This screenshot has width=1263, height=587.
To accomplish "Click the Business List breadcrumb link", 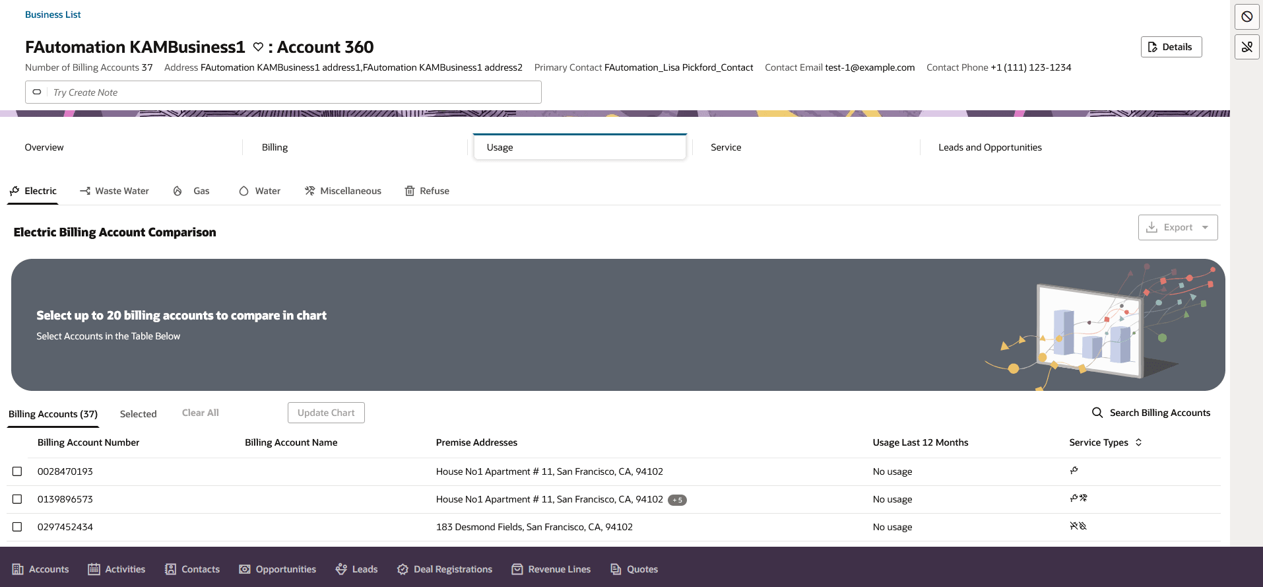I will pyautogui.click(x=53, y=15).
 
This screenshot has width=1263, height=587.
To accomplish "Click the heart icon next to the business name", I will pyautogui.click(x=258, y=47).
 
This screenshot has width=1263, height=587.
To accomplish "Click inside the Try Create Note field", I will pyautogui.click(x=290, y=92).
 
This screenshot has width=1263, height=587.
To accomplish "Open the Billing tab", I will pyautogui.click(x=275, y=147).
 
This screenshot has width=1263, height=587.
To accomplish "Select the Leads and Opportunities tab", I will pyautogui.click(x=990, y=147).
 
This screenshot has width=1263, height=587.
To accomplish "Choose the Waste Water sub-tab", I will pyautogui.click(x=115, y=191).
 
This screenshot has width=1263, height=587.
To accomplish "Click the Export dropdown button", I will pyautogui.click(x=1177, y=227).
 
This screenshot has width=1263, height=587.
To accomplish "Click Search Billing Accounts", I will pyautogui.click(x=1151, y=413).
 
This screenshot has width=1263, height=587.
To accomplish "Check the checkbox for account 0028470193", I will pyautogui.click(x=17, y=471).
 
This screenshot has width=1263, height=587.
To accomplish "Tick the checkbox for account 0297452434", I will pyautogui.click(x=17, y=527).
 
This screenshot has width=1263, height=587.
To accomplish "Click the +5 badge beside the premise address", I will pyautogui.click(x=677, y=500).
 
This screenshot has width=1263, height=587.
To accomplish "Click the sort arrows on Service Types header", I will pyautogui.click(x=1139, y=442).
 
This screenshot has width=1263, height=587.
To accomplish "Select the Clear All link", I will pyautogui.click(x=200, y=413).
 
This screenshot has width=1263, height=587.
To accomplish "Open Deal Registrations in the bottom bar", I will pyautogui.click(x=445, y=569).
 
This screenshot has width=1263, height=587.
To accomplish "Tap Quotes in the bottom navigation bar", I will pyautogui.click(x=634, y=569).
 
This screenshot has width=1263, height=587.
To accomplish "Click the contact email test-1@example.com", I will pyautogui.click(x=870, y=67).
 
